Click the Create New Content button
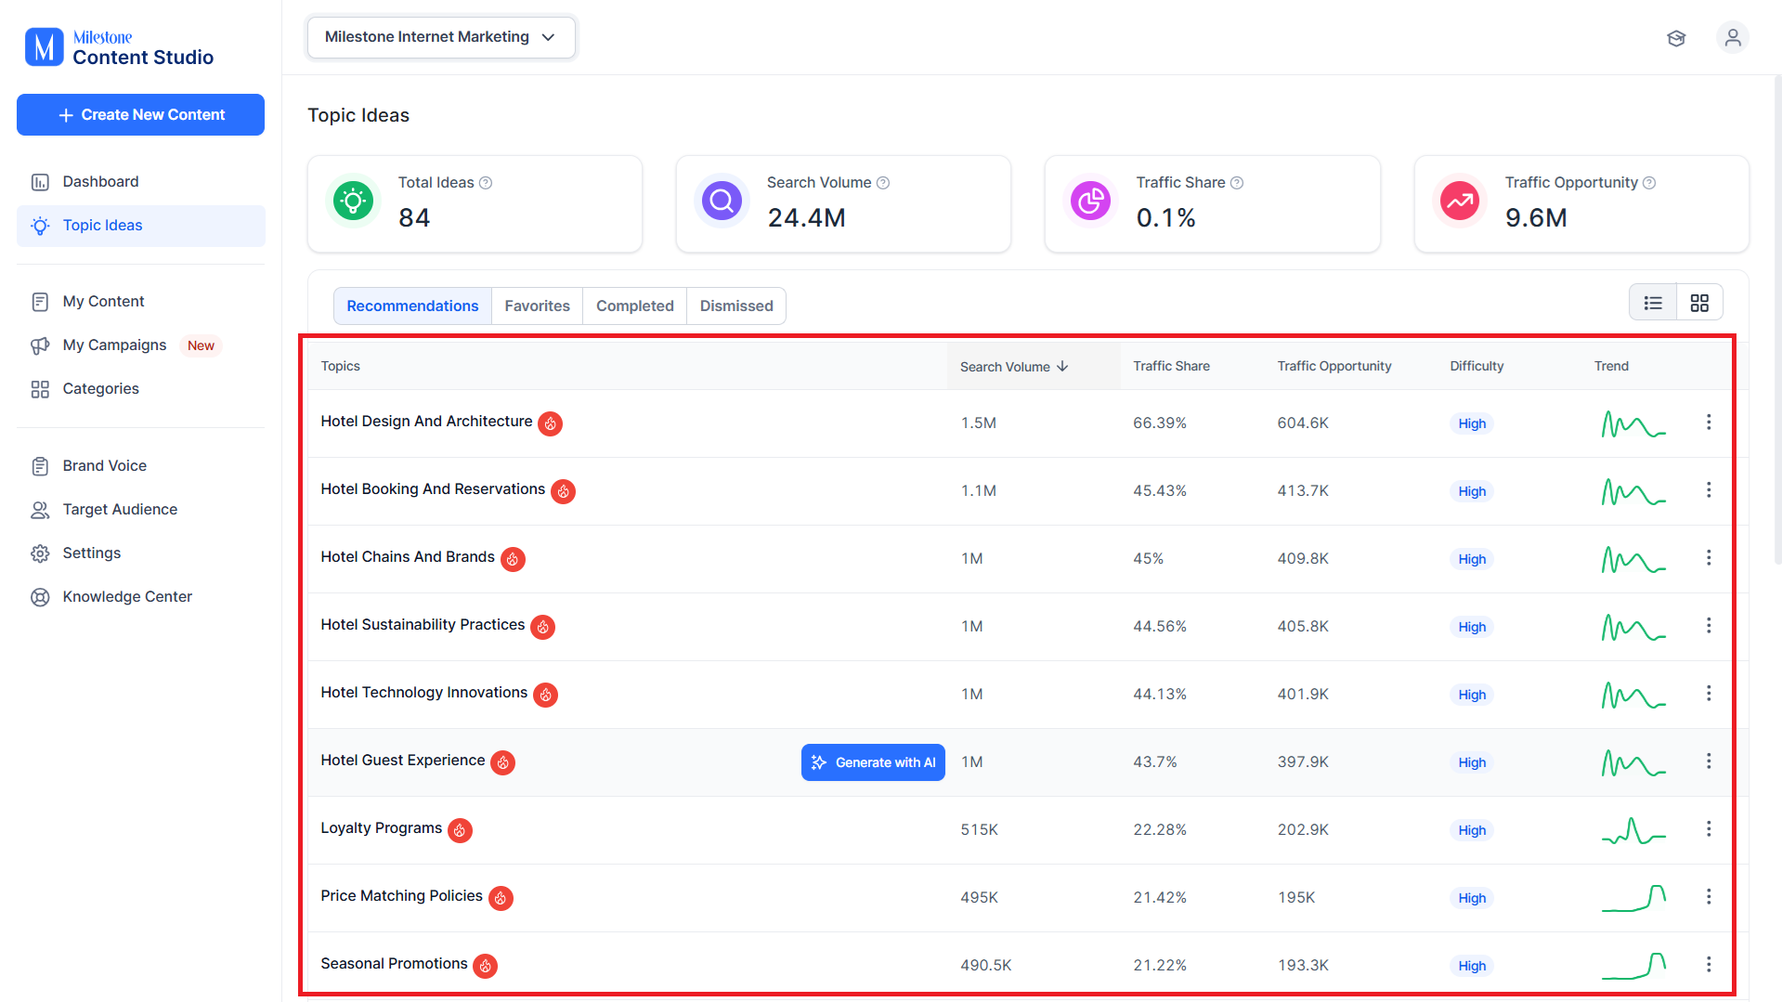(x=140, y=114)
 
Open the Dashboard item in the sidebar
(x=100, y=182)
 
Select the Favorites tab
(x=537, y=306)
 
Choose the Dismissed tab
(x=736, y=306)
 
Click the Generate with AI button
(x=873, y=762)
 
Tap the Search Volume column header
(x=1014, y=367)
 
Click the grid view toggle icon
(x=1699, y=304)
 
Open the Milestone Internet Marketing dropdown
(x=441, y=37)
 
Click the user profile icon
(x=1732, y=38)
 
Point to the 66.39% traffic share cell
(x=1160, y=423)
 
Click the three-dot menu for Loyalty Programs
(x=1709, y=829)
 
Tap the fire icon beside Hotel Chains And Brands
(x=513, y=559)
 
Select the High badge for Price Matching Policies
(x=1472, y=898)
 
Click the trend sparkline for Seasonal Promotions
(x=1633, y=966)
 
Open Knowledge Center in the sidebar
(x=127, y=597)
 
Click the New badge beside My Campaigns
(x=201, y=345)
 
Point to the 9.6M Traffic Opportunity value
(x=1536, y=218)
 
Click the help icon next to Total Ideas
(x=486, y=183)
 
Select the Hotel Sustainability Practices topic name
(x=423, y=625)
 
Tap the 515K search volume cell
(x=979, y=830)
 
